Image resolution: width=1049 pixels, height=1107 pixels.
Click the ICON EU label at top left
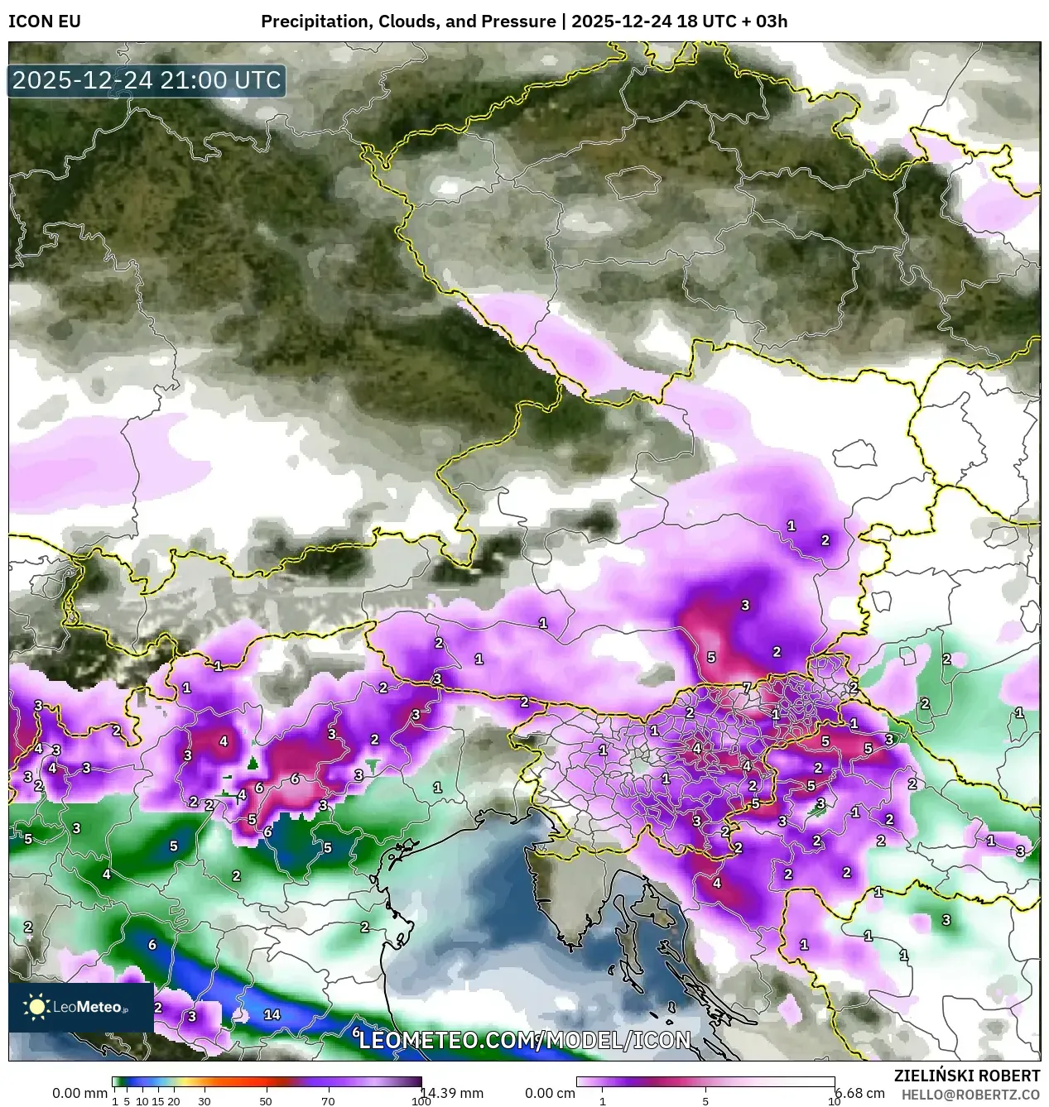click(x=45, y=22)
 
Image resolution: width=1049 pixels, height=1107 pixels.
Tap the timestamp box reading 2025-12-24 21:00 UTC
click(x=147, y=80)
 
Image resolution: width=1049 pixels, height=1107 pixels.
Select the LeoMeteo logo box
click(x=80, y=1007)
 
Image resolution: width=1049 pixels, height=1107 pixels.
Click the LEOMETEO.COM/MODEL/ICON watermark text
click(x=524, y=1040)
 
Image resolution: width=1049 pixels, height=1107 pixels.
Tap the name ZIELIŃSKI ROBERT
click(x=966, y=1076)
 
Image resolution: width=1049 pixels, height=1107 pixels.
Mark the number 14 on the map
click(x=272, y=1014)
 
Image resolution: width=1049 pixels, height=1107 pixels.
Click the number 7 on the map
click(x=746, y=688)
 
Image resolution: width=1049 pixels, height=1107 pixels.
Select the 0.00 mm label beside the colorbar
click(x=78, y=1093)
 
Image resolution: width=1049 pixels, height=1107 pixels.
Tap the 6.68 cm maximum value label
click(x=860, y=1093)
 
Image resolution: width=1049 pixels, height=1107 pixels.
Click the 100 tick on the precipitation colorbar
click(x=421, y=1101)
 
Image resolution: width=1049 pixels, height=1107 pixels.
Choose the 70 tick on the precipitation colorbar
click(x=328, y=1101)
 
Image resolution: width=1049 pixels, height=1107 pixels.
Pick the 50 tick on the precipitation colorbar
click(x=266, y=1101)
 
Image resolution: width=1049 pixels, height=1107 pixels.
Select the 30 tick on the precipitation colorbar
click(x=204, y=1101)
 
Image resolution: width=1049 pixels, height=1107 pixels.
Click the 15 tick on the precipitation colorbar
click(x=157, y=1101)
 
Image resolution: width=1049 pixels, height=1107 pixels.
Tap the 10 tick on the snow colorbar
click(x=834, y=1101)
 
